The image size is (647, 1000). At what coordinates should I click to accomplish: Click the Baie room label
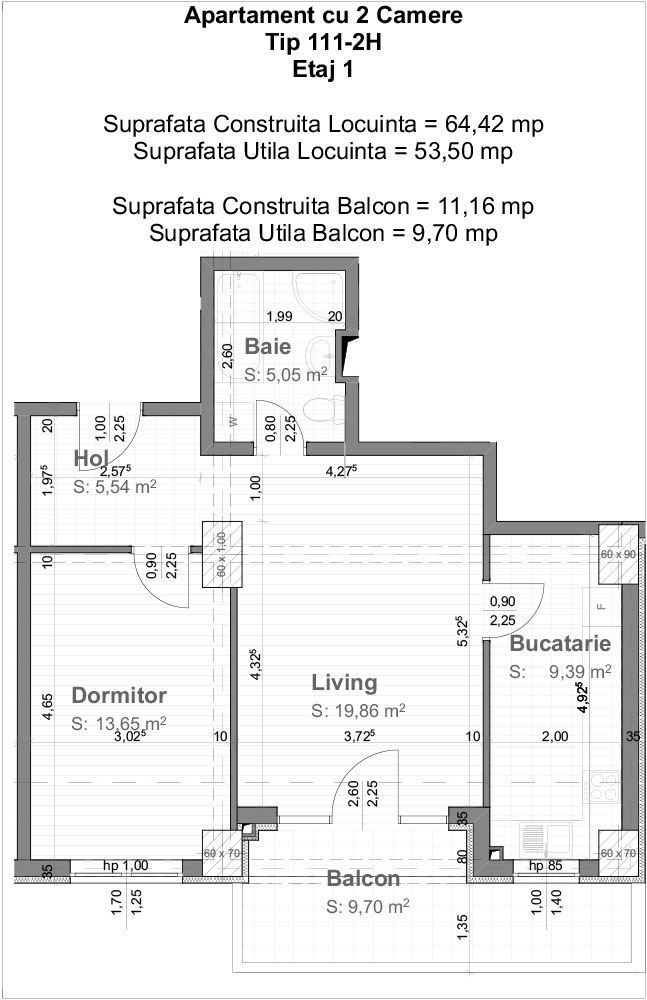point(267,346)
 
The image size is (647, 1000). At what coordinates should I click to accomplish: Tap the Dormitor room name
point(119,695)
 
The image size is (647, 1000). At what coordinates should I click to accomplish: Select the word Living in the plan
point(344,682)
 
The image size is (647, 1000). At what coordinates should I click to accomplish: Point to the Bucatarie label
point(560,643)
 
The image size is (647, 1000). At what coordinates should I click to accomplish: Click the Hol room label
point(91,458)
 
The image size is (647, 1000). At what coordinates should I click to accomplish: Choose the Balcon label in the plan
point(363,878)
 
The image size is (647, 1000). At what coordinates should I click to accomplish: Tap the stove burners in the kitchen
point(604,786)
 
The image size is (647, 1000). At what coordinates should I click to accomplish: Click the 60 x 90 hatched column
point(618,554)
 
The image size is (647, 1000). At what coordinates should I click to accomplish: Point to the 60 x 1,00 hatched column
point(222,554)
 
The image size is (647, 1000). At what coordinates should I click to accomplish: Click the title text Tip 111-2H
point(324,42)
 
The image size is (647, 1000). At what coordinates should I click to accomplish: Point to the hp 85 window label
point(546,865)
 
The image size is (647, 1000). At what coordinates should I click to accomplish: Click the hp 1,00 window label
point(126,865)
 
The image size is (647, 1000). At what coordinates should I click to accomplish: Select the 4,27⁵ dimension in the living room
point(341,471)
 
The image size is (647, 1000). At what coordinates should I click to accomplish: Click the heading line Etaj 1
point(323,69)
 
